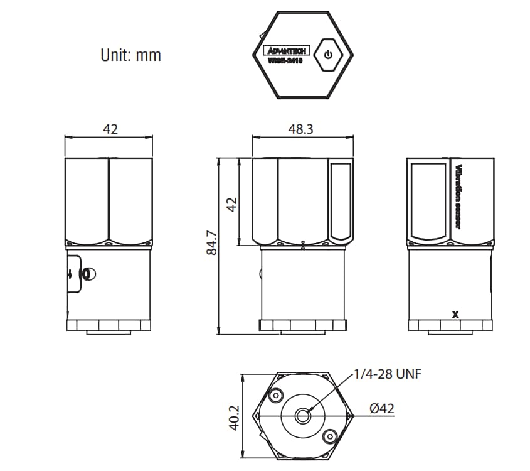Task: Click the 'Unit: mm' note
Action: coord(130,55)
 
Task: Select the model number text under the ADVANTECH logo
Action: coord(285,61)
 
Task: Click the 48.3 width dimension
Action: coord(300,129)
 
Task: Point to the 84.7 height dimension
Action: coord(212,242)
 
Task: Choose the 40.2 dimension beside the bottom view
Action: coord(234,417)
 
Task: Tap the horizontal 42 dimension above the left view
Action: coord(110,129)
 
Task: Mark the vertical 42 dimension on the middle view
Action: coord(231,204)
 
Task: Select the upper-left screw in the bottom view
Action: coord(275,396)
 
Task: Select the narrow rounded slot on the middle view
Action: coord(341,201)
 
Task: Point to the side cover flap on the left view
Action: coord(73,274)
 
